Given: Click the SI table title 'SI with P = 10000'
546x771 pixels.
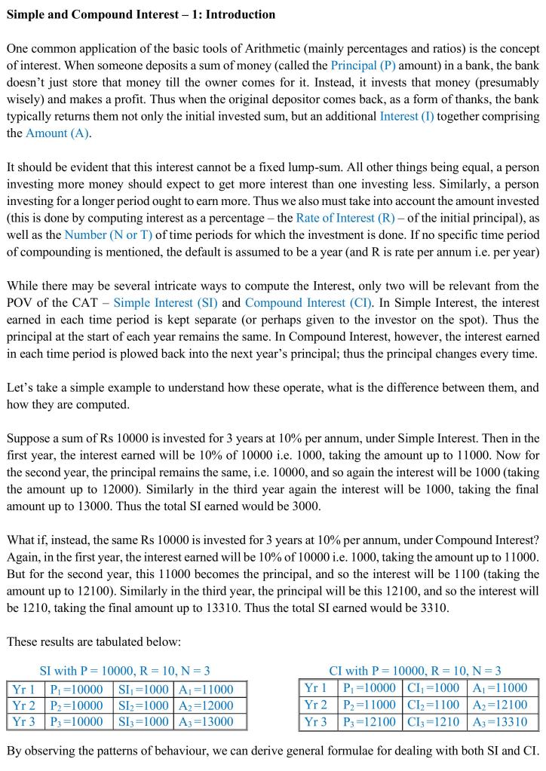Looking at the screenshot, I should pyautogui.click(x=124, y=670).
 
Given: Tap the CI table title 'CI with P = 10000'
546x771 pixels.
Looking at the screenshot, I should pyautogui.click(x=415, y=670).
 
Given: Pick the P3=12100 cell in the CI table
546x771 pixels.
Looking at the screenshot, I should pyautogui.click(x=369, y=721).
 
